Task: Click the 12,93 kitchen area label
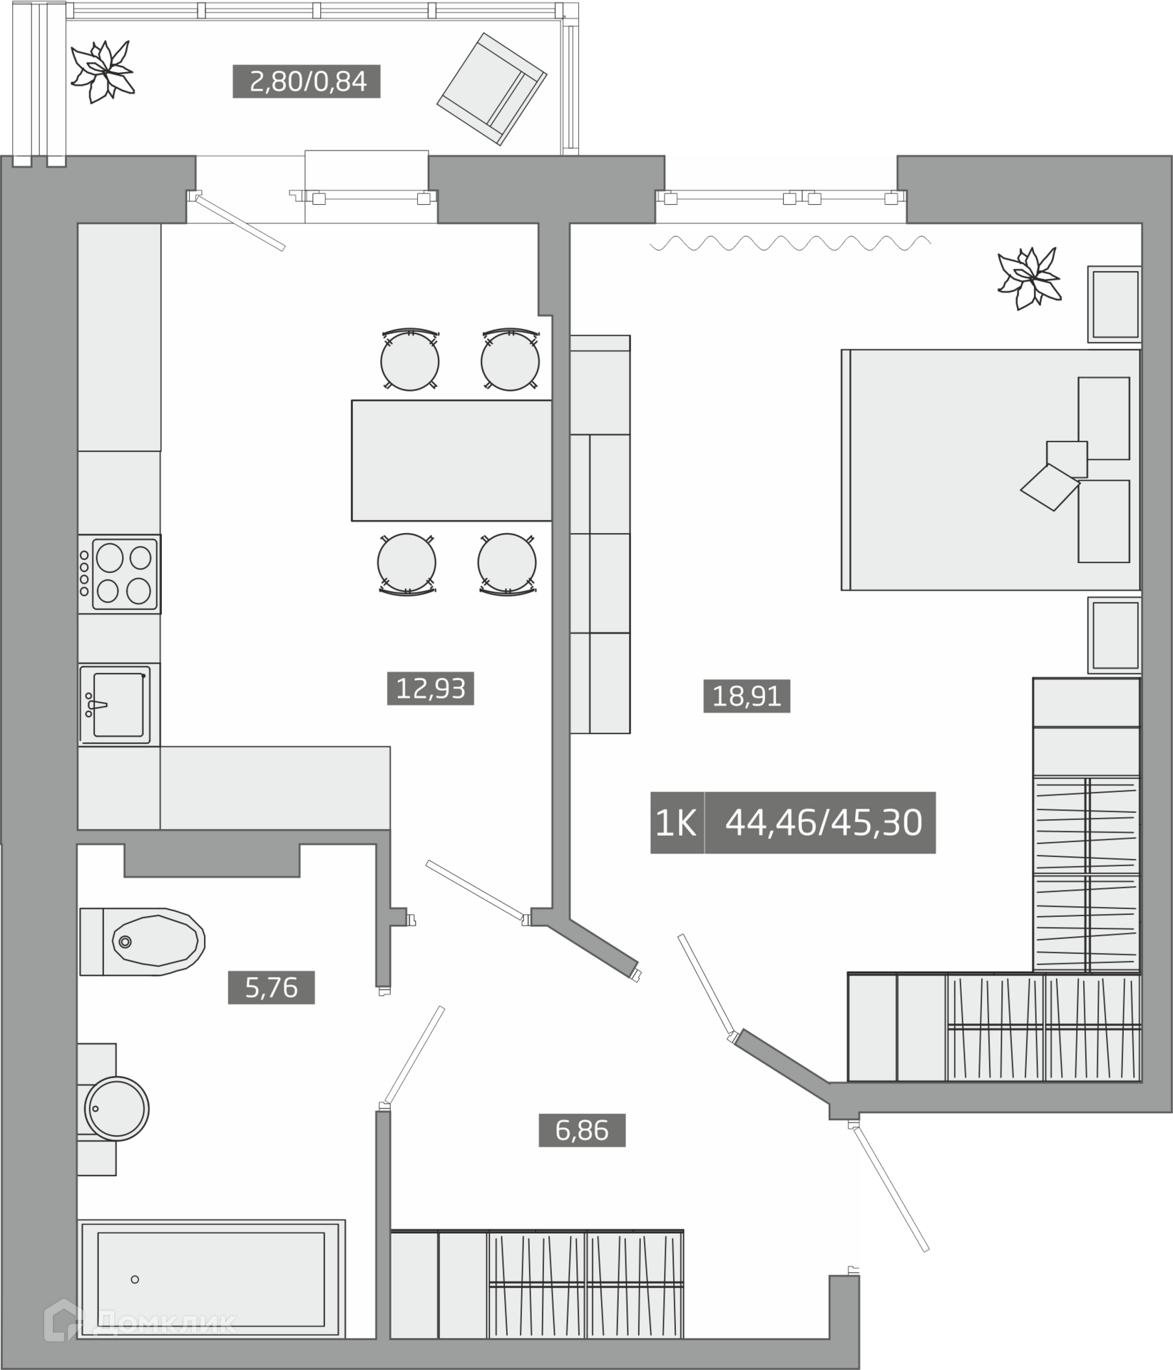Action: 430,689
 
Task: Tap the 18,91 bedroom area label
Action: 747,696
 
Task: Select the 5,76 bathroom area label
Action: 271,988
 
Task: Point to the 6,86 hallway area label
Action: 582,1130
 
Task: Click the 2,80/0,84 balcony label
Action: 307,81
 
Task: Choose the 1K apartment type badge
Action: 677,823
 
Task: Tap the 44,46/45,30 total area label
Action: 821,823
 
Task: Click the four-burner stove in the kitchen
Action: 119,574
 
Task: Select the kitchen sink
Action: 118,704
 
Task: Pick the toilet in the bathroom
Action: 143,942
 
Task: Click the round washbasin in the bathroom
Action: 116,1109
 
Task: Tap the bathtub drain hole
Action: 135,1279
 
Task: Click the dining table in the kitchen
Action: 451,460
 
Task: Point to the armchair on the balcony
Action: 492,89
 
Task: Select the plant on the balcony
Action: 102,71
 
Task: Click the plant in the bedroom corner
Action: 1029,278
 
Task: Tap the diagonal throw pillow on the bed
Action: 1050,487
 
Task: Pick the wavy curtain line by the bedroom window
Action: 790,243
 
